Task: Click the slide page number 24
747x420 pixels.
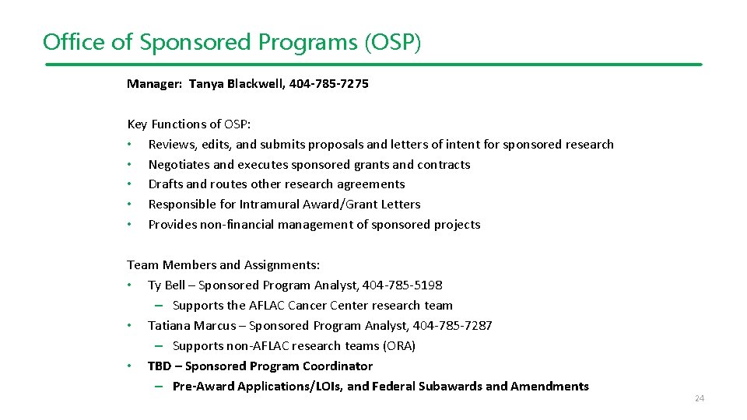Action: (x=699, y=399)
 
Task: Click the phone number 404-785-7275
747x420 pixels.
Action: (x=328, y=83)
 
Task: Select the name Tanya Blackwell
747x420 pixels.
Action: (x=237, y=83)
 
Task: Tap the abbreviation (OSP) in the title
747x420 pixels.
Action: (x=392, y=41)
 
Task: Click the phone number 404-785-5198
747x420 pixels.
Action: (x=402, y=285)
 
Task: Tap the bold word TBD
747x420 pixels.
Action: (x=160, y=366)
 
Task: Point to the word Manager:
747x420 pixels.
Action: (x=153, y=83)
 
